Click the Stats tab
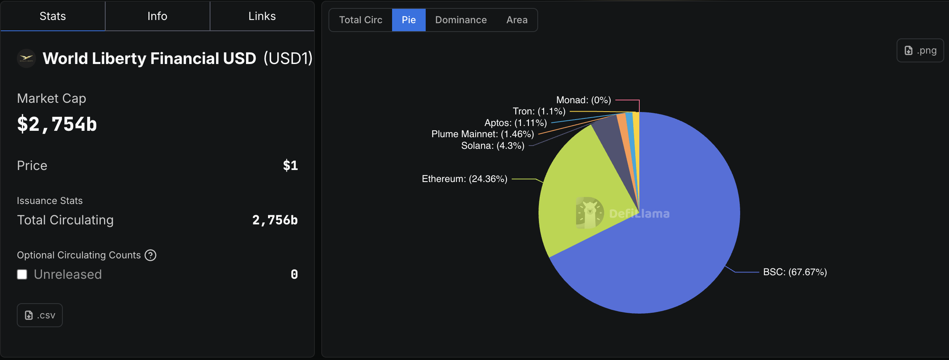click(53, 16)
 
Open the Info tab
click(157, 16)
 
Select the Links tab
click(262, 16)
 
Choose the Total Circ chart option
click(360, 20)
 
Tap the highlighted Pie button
click(408, 20)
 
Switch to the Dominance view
click(461, 20)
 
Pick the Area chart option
click(517, 20)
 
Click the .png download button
click(920, 50)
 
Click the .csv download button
click(40, 315)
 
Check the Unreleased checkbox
click(22, 274)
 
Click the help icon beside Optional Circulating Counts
click(150, 255)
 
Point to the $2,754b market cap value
click(57, 124)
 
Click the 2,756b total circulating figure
click(275, 220)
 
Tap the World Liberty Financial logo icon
click(26, 58)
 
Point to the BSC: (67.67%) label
click(795, 272)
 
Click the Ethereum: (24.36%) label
click(464, 179)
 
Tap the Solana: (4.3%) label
click(493, 146)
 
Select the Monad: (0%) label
click(583, 100)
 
